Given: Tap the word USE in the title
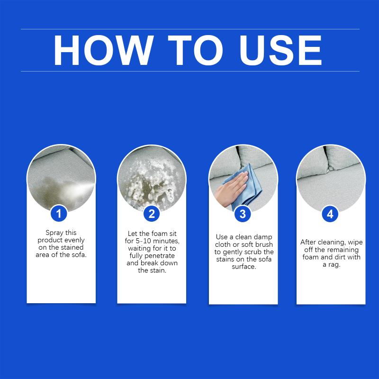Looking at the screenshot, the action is coord(280,50).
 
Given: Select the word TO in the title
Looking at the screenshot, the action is coord(195,50).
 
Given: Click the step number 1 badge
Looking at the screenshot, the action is coord(59,214).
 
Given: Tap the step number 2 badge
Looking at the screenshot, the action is coord(152,214).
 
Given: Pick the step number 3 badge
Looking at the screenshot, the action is coord(243,214).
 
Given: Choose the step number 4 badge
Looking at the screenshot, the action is coord(330,214).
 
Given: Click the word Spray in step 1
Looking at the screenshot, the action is coord(54,233).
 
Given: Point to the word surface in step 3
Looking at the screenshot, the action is coord(244,267).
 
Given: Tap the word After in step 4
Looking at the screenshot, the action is coord(308,242).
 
